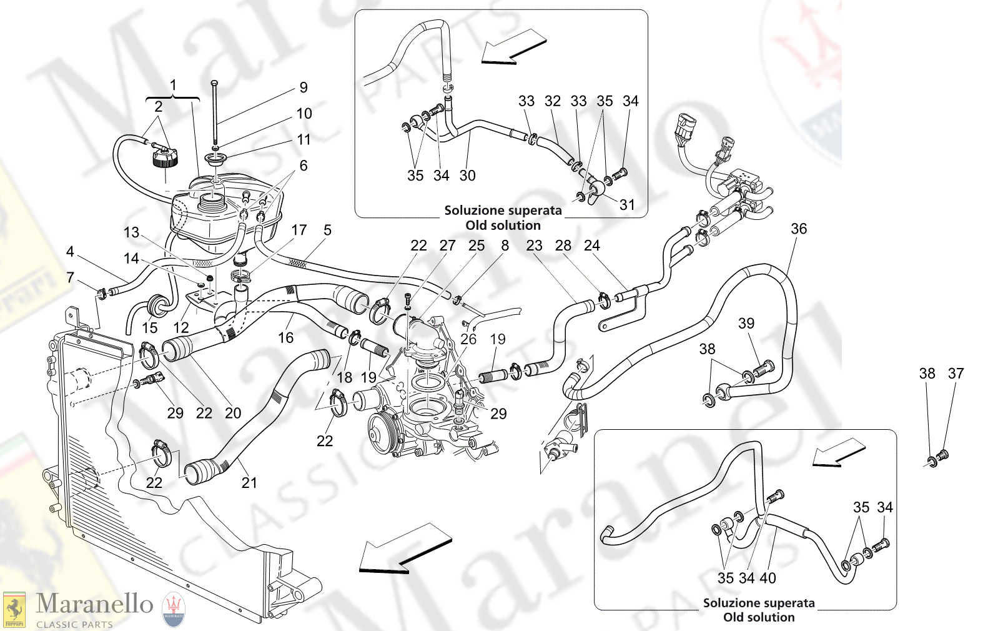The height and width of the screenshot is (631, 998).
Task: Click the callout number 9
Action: (304, 87)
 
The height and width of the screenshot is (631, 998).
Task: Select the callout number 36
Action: (799, 229)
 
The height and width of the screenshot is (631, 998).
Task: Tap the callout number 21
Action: (249, 482)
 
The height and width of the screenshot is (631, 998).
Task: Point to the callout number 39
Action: (746, 323)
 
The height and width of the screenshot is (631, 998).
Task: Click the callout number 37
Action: (956, 373)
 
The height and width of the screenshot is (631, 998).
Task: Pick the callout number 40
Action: (768, 578)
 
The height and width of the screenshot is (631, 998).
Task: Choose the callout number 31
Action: (627, 204)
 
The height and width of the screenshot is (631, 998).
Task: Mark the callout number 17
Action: (299, 230)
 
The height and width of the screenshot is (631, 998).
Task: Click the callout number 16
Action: (285, 337)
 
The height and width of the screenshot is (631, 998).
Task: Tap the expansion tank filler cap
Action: (165, 157)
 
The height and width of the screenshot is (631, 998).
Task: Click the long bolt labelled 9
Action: (215, 112)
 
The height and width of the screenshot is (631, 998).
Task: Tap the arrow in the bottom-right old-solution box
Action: (838, 452)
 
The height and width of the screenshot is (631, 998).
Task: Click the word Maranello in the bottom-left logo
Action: (94, 604)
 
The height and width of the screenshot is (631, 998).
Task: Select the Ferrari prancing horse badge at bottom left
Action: (14, 609)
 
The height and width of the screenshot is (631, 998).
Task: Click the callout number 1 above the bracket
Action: (173, 85)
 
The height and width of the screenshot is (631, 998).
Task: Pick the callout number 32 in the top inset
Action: (553, 101)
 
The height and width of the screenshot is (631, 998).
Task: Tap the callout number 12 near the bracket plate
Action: (181, 327)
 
